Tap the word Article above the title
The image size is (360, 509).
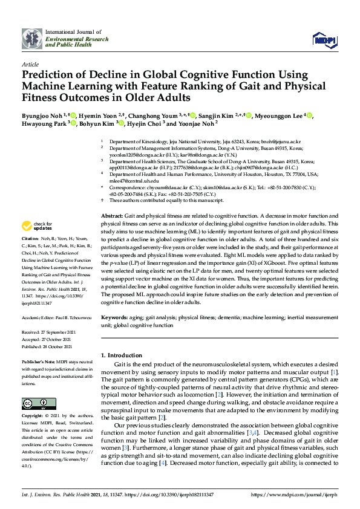tap(30, 63)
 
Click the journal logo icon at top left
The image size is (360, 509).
tap(32, 38)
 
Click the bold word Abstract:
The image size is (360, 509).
tap(112, 216)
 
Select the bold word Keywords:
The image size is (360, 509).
tap(114, 317)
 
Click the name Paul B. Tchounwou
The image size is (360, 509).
tap(73, 317)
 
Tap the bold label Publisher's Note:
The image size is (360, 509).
tap(39, 362)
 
